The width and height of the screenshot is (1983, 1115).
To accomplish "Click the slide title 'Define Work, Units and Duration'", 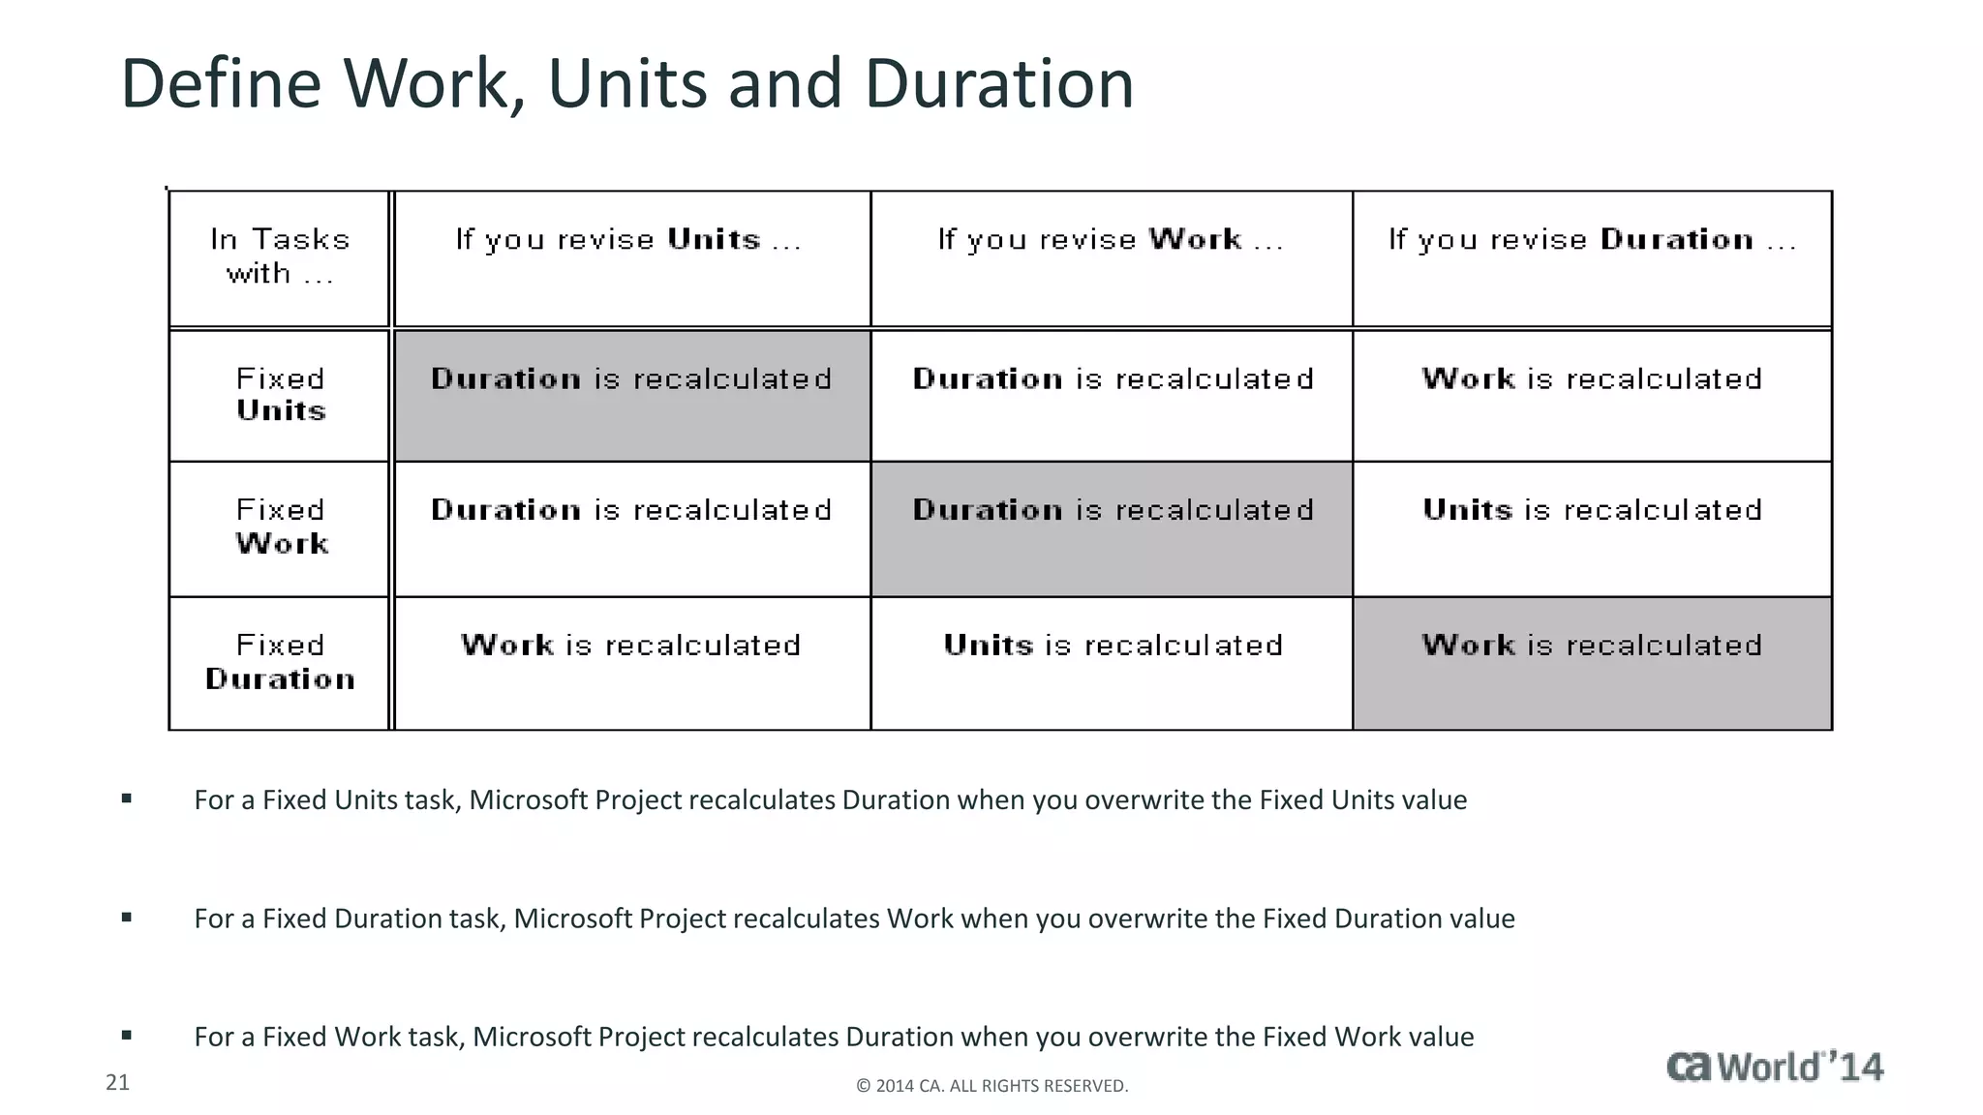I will [626, 84].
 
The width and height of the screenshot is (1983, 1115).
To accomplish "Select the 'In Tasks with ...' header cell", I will [280, 257].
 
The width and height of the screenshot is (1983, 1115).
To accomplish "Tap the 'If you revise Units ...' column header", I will [629, 240].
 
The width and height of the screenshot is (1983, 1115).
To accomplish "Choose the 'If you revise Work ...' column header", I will [1111, 240].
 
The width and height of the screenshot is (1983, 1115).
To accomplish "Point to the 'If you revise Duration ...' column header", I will [1592, 240].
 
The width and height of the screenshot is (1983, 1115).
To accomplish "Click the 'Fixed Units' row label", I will [280, 395].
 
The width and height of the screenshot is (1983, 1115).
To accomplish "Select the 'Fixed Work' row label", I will [280, 527].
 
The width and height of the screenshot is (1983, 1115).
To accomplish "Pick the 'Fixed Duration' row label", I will [280, 662].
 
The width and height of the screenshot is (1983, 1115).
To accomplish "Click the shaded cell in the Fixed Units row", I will [631, 395].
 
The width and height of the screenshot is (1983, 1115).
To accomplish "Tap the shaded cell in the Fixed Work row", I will [1112, 527].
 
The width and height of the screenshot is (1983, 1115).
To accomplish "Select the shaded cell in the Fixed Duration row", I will [1592, 662].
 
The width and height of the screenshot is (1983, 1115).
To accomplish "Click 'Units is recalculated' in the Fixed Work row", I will [1592, 510].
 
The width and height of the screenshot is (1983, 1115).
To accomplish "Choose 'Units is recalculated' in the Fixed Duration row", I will [1113, 646].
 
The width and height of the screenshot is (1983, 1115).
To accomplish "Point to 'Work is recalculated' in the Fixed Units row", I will [1592, 378].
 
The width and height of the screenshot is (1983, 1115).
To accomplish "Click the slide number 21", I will [117, 1082].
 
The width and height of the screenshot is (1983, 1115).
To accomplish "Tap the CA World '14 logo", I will [1775, 1067].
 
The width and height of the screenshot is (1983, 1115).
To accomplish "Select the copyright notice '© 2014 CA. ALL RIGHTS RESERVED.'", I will [991, 1086].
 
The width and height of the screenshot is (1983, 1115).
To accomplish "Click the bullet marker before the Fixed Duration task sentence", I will [127, 918].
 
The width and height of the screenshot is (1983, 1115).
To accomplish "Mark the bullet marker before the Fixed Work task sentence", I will [127, 1036].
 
